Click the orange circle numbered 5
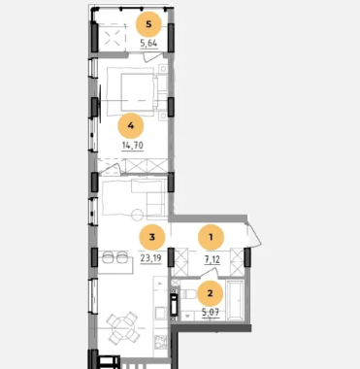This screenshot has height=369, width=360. [148, 24]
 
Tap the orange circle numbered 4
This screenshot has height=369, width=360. [131, 125]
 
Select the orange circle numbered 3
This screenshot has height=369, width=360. [152, 237]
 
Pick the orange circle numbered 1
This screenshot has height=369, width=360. [211, 237]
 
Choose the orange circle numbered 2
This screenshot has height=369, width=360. [211, 293]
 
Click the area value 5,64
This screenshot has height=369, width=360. [149, 43]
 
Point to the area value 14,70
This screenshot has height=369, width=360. [133, 146]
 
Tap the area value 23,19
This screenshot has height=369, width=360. [150, 258]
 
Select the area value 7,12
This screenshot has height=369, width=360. [213, 259]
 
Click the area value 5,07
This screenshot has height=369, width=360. [211, 313]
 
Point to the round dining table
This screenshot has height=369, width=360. [123, 328]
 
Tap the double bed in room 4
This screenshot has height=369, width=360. [138, 92]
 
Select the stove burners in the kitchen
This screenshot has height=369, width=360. [161, 343]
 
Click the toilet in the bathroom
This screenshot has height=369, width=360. [188, 294]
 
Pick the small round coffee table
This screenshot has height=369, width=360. [137, 215]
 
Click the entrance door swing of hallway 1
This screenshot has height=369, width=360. [254, 234]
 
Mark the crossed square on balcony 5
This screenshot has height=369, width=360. [111, 37]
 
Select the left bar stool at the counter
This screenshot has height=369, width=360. [108, 258]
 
